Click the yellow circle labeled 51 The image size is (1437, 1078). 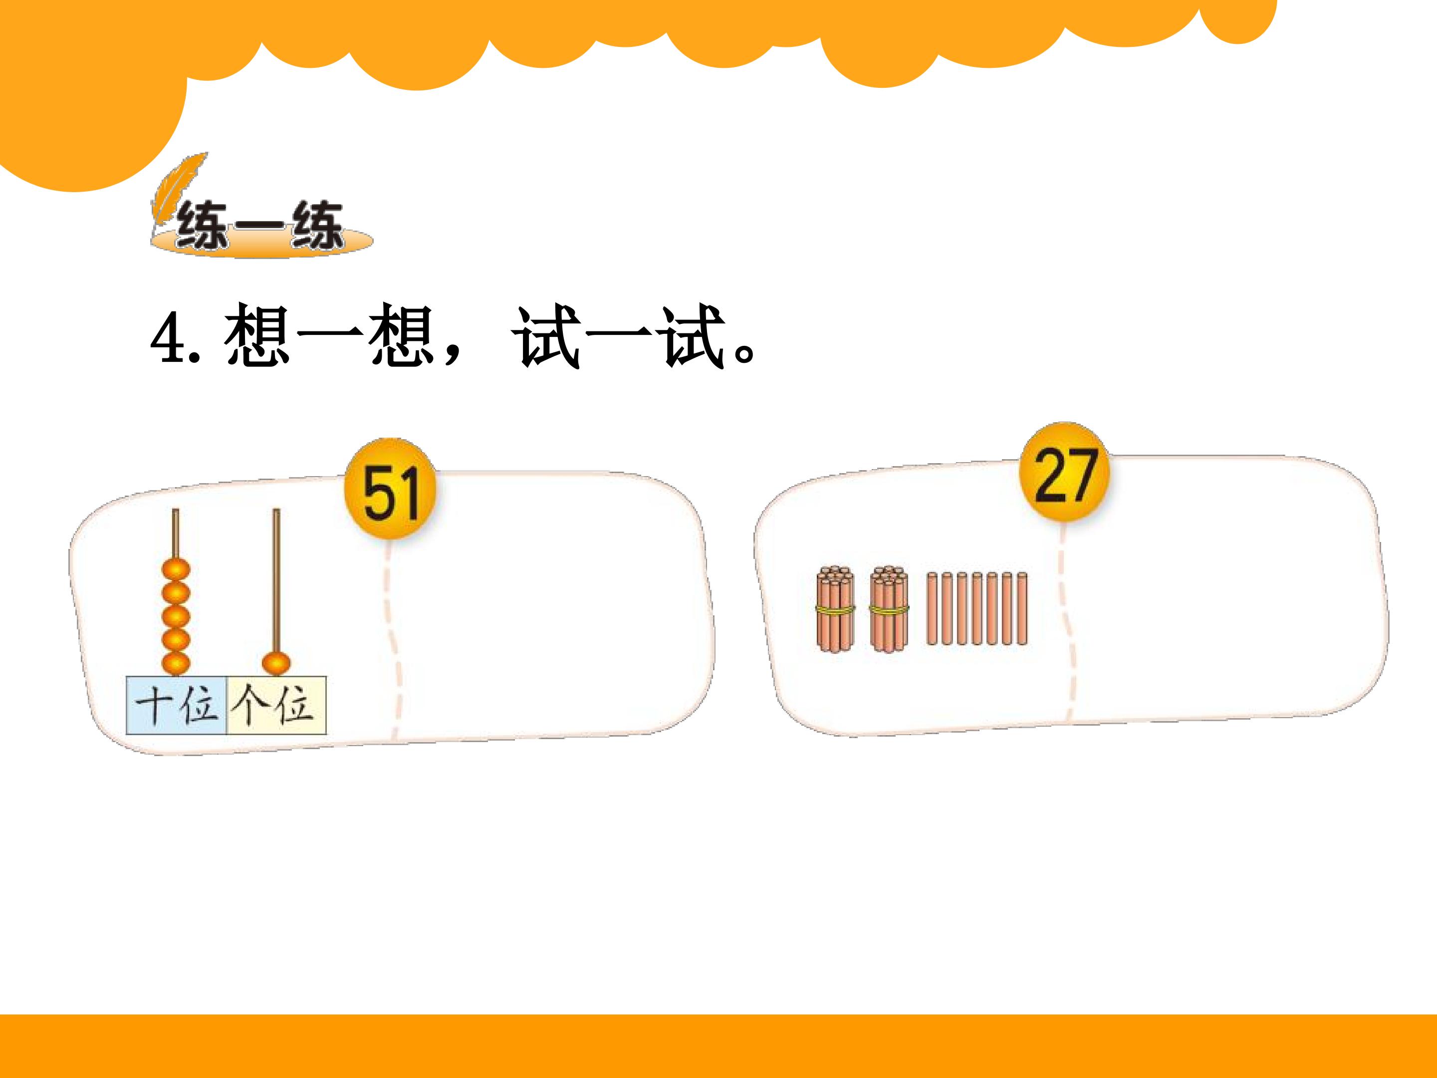[x=390, y=492]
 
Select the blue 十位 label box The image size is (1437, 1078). [x=176, y=706]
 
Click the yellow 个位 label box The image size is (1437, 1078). [x=276, y=706]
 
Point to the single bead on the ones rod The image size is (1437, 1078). [x=275, y=663]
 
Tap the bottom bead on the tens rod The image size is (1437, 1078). [x=176, y=663]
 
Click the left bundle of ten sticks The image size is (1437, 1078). [x=835, y=609]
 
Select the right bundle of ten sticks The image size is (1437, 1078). [x=889, y=609]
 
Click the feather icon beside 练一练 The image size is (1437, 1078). [x=179, y=195]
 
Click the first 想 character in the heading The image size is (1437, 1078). [x=257, y=336]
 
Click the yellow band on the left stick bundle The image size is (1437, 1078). [x=835, y=609]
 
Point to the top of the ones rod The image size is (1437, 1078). [x=276, y=510]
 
